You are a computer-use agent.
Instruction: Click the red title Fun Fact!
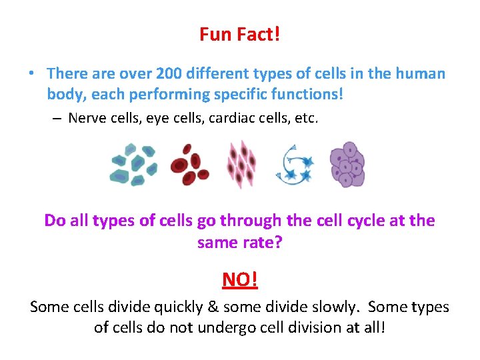(x=239, y=34)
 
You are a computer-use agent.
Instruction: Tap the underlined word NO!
(x=239, y=279)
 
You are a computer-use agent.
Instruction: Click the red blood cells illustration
(x=189, y=165)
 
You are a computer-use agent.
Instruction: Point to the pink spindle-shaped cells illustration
(x=241, y=165)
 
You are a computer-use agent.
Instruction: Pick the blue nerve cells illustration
(x=295, y=165)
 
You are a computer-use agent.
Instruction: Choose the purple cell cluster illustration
(x=347, y=164)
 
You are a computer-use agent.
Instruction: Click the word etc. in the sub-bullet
(x=303, y=119)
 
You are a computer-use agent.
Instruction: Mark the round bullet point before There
(x=34, y=74)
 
